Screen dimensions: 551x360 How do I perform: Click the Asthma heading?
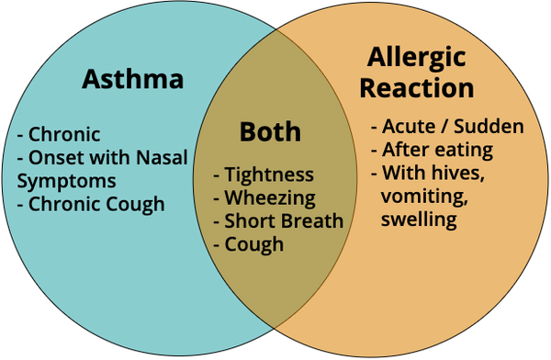tap(132, 79)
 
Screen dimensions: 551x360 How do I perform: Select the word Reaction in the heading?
tap(417, 88)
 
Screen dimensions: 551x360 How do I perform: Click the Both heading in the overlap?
tap(270, 132)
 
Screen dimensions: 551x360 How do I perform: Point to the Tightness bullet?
tap(264, 174)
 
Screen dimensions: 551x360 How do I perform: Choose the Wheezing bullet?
tap(264, 198)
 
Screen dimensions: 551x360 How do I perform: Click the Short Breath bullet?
tap(278, 220)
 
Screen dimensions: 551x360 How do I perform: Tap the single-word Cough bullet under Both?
tap(249, 244)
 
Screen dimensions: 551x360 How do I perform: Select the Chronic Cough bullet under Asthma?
tap(91, 205)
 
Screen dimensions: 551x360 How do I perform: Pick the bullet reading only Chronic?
tap(59, 134)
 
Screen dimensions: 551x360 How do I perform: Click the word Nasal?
tap(162, 158)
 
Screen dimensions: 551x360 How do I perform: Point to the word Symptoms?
tap(66, 182)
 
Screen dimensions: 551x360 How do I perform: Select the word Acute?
tap(408, 127)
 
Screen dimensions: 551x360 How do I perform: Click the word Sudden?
tap(489, 127)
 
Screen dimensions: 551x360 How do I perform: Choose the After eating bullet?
tap(433, 150)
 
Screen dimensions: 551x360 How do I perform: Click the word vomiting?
tap(424, 197)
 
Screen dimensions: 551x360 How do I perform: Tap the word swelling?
tap(419, 219)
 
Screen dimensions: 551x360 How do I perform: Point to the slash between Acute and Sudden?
tap(444, 127)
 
